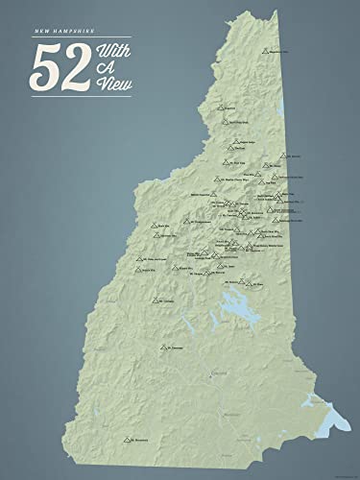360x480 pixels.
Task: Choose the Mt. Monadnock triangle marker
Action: tap(127, 440)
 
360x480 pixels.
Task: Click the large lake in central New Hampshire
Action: tap(234, 308)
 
